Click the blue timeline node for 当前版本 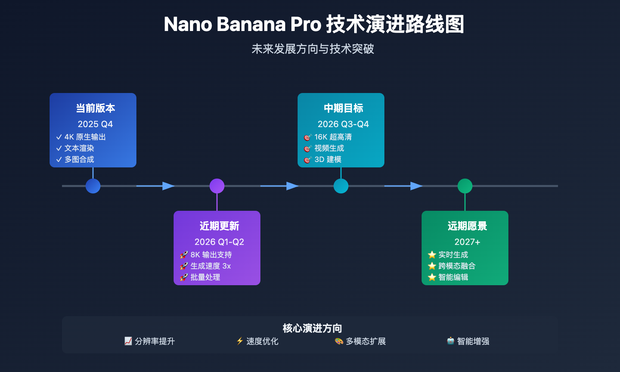pos(93,186)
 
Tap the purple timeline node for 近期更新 pos(217,186)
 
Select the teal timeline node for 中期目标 pos(341,186)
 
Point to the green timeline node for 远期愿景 pos(465,186)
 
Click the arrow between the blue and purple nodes pos(168,186)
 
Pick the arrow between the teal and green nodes pos(416,186)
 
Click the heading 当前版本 pos(95,108)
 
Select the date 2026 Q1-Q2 pos(219,242)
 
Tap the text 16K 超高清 pos(333,137)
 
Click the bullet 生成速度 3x pos(210,266)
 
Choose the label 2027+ pos(467,242)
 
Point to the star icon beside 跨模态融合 pos(432,266)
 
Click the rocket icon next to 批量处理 pos(184,277)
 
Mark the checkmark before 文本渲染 pos(59,148)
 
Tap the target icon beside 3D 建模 pos(308,160)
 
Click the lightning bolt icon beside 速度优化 pos(240,341)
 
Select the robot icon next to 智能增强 pos(450,341)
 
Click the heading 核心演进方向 pos(312,328)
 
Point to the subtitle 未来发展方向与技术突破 pos(312,49)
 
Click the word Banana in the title pos(251,24)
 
